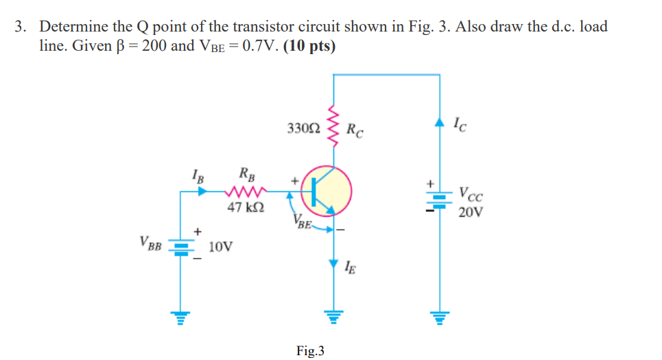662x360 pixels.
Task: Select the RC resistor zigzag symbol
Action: click(334, 128)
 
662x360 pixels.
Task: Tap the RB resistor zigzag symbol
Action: click(245, 192)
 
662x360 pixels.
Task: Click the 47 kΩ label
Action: click(244, 207)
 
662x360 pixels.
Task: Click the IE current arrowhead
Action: click(334, 265)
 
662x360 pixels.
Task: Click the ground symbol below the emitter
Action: click(334, 316)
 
